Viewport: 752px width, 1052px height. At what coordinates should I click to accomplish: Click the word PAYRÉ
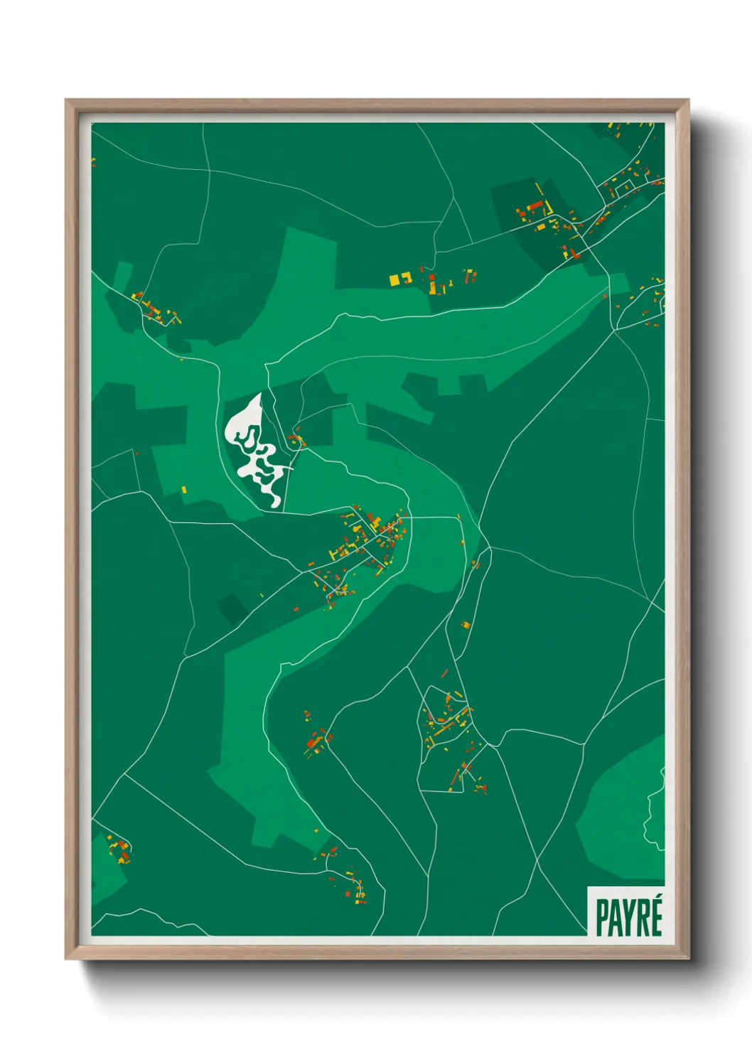(x=628, y=917)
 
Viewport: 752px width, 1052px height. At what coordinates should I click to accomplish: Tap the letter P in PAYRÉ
(x=602, y=918)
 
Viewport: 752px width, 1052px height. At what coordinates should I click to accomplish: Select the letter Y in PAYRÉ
(x=628, y=918)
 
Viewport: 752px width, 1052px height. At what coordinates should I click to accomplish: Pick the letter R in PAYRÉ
(x=642, y=918)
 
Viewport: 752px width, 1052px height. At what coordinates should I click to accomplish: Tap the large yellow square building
(x=395, y=280)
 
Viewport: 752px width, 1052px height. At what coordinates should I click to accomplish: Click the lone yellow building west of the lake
(x=183, y=489)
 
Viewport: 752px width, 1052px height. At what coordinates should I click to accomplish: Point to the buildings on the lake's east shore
(x=296, y=439)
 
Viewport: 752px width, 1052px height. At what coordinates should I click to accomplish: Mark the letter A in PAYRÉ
(x=615, y=918)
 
